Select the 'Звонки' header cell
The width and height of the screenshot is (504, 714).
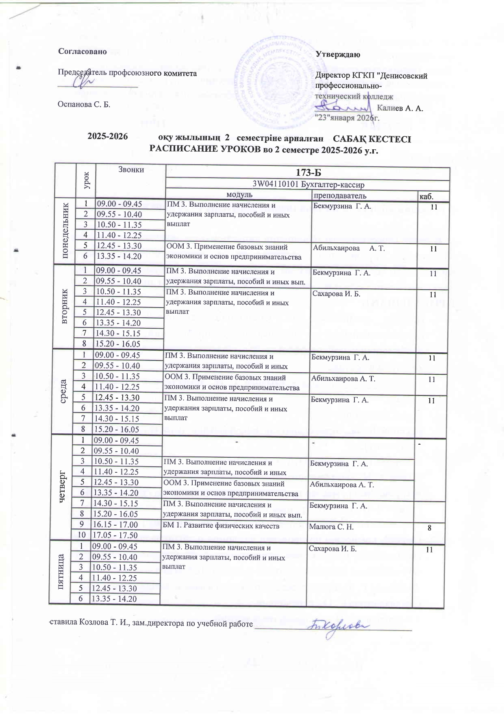pyautogui.click(x=131, y=170)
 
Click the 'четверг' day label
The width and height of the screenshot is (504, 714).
pyautogui.click(x=62, y=487)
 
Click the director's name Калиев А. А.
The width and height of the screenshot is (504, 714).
pyautogui.click(x=400, y=108)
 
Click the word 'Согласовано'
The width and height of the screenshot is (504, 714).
pyautogui.click(x=83, y=52)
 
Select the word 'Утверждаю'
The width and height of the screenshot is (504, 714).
pyautogui.click(x=338, y=55)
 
